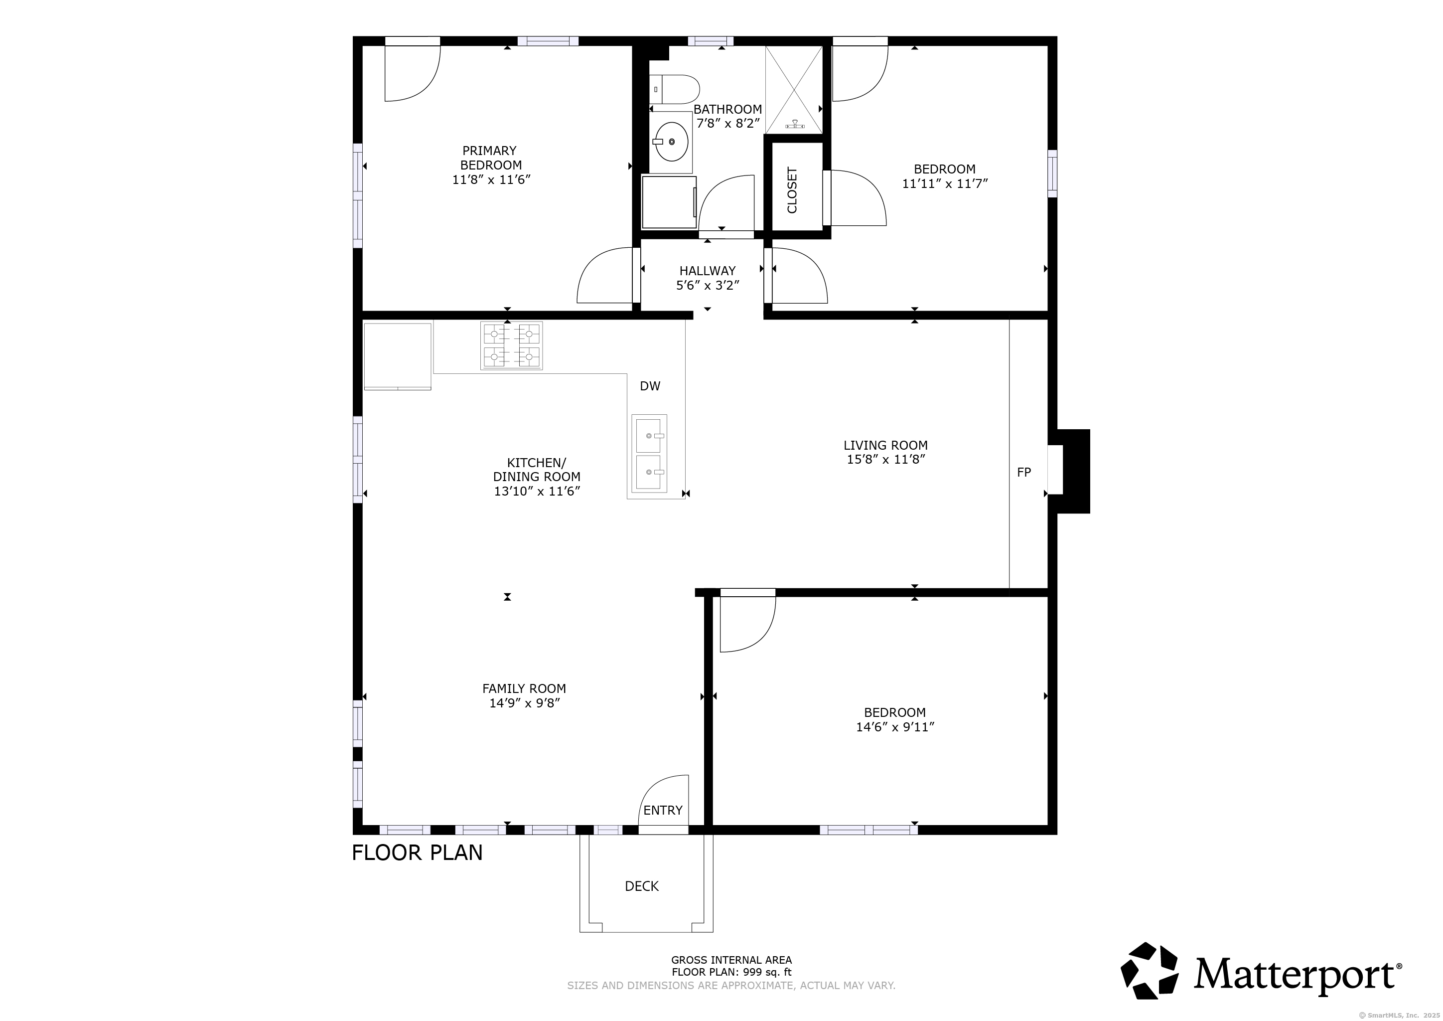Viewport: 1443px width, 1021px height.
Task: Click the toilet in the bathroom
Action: tap(676, 90)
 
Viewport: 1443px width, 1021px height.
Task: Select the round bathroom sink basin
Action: tap(671, 142)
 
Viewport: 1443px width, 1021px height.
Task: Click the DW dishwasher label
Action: tap(650, 386)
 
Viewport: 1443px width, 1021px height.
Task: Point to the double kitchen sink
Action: tap(649, 453)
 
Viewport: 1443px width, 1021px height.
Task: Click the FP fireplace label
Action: tap(1024, 472)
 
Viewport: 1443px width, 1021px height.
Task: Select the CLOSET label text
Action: tap(792, 190)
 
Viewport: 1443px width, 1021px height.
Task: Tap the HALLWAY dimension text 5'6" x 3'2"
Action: tap(707, 285)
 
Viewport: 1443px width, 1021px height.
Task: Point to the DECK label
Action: tap(642, 886)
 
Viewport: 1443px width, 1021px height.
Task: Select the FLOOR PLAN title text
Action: tap(418, 852)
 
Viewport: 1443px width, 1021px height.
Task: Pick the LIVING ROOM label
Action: tap(885, 445)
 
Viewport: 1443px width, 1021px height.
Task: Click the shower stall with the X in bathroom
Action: tap(794, 89)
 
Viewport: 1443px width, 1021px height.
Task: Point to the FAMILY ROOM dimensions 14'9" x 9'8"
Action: tap(524, 703)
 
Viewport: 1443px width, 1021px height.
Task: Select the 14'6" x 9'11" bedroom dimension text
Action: tap(895, 727)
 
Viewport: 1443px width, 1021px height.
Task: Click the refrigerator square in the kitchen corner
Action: tap(398, 356)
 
